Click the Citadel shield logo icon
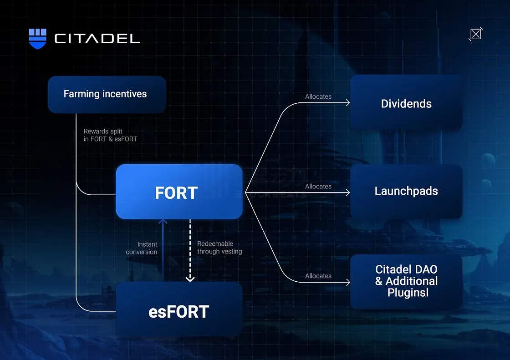coord(38,38)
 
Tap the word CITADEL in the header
coord(97,39)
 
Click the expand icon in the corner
coord(475,34)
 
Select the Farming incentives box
coord(107,94)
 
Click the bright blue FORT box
coord(178,192)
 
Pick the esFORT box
coord(178,311)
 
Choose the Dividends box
coord(406,103)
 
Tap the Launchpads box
coord(406,191)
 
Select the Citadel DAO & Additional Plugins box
coord(406,281)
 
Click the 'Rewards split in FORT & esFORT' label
coord(110,135)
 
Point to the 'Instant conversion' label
coord(142,248)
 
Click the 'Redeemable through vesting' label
coord(219,248)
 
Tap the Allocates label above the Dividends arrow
coord(318,96)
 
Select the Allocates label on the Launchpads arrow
coord(318,186)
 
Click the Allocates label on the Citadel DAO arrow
coord(318,276)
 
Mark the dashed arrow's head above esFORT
coord(190,278)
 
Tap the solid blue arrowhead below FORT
coord(163,222)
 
